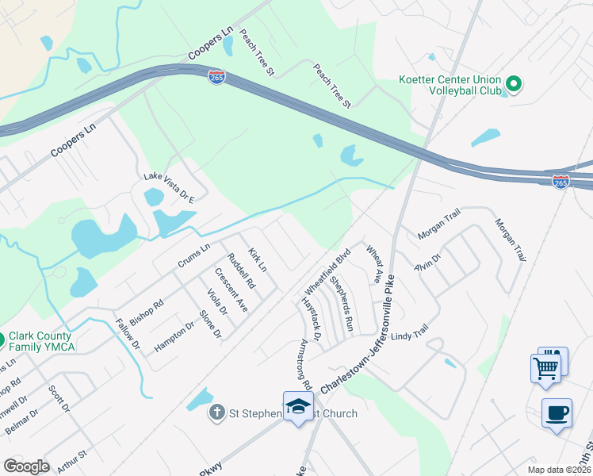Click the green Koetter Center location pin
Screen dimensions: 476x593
click(x=513, y=83)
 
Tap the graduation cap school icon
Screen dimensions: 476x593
click(x=297, y=407)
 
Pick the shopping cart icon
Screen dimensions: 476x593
click(x=546, y=369)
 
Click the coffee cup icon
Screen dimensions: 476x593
click(x=557, y=413)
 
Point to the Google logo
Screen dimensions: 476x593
click(x=26, y=466)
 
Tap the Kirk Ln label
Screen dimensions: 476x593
click(x=257, y=259)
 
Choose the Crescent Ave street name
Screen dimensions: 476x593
click(x=231, y=290)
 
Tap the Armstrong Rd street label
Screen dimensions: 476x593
click(x=306, y=365)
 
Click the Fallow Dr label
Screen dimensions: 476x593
click(x=127, y=335)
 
